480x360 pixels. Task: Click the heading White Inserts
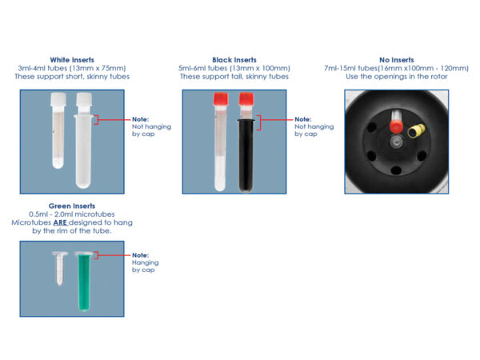[72, 60]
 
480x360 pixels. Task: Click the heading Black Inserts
[234, 60]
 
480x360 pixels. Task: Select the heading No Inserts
[397, 60]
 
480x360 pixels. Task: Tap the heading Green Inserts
[72, 206]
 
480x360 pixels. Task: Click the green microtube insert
[83, 281]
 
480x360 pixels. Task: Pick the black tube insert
[246, 155]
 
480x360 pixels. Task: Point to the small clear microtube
[60, 268]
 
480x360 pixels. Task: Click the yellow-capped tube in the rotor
[416, 130]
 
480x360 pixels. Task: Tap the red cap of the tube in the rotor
[396, 126]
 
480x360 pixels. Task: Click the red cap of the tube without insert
[221, 99]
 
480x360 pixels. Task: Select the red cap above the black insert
[246, 99]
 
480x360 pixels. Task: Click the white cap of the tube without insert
[58, 99]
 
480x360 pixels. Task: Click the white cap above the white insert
[84, 99]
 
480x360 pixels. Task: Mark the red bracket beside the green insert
[98, 255]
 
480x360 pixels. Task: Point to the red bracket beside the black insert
[260, 122]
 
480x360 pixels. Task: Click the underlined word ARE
[60, 222]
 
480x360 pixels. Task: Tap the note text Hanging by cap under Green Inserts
[146, 266]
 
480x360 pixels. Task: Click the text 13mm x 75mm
[100, 68]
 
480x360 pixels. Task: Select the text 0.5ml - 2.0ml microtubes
[72, 214]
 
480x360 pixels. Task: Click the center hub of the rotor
[397, 142]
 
